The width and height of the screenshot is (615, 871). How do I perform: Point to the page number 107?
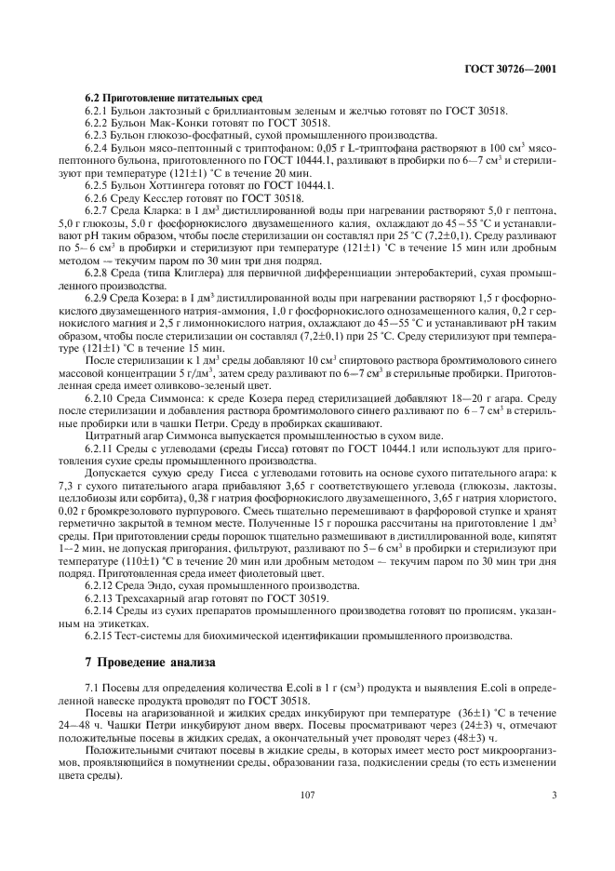tap(308, 795)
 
